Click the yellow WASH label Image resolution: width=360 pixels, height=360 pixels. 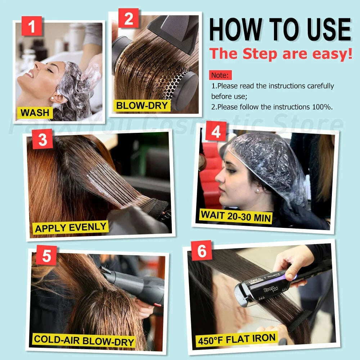coord(35,113)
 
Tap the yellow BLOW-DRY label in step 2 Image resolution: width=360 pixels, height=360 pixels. coord(142,105)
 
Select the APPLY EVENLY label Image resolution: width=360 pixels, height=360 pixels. coord(71,228)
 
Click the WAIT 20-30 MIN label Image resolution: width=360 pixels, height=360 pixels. coord(236,215)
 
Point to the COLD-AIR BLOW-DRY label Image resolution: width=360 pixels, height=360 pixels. coord(84,341)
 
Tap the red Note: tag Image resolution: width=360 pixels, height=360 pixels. coord(220,75)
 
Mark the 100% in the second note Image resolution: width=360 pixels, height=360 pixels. coord(323,107)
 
